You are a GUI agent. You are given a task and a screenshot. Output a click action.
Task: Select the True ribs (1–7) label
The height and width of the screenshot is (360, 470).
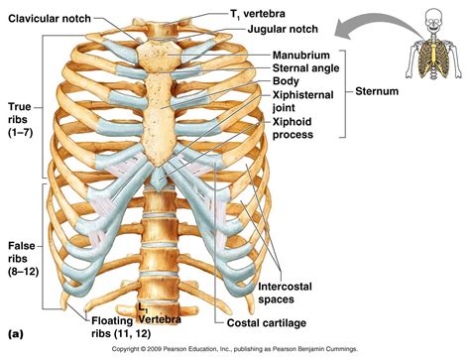(21, 117)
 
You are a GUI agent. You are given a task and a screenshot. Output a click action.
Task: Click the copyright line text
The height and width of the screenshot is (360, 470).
(235, 350)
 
